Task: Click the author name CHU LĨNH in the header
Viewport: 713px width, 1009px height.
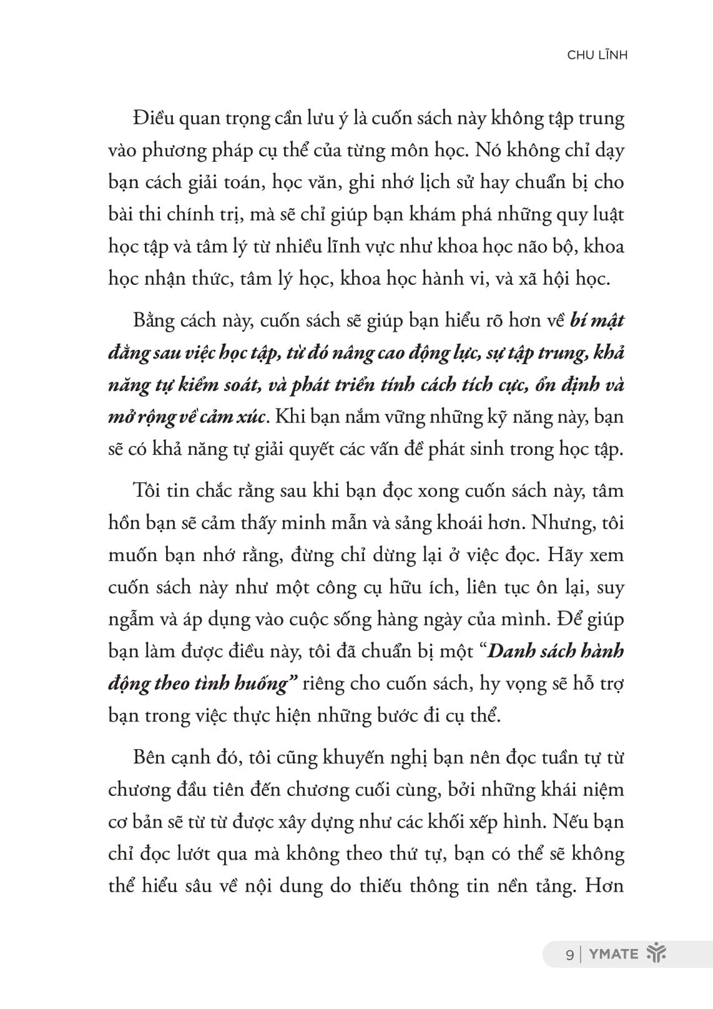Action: (x=597, y=55)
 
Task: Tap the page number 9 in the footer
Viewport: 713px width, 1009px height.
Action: (x=569, y=954)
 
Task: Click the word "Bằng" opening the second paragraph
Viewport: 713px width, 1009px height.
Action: (x=152, y=321)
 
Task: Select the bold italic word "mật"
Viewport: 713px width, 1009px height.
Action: (x=605, y=321)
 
